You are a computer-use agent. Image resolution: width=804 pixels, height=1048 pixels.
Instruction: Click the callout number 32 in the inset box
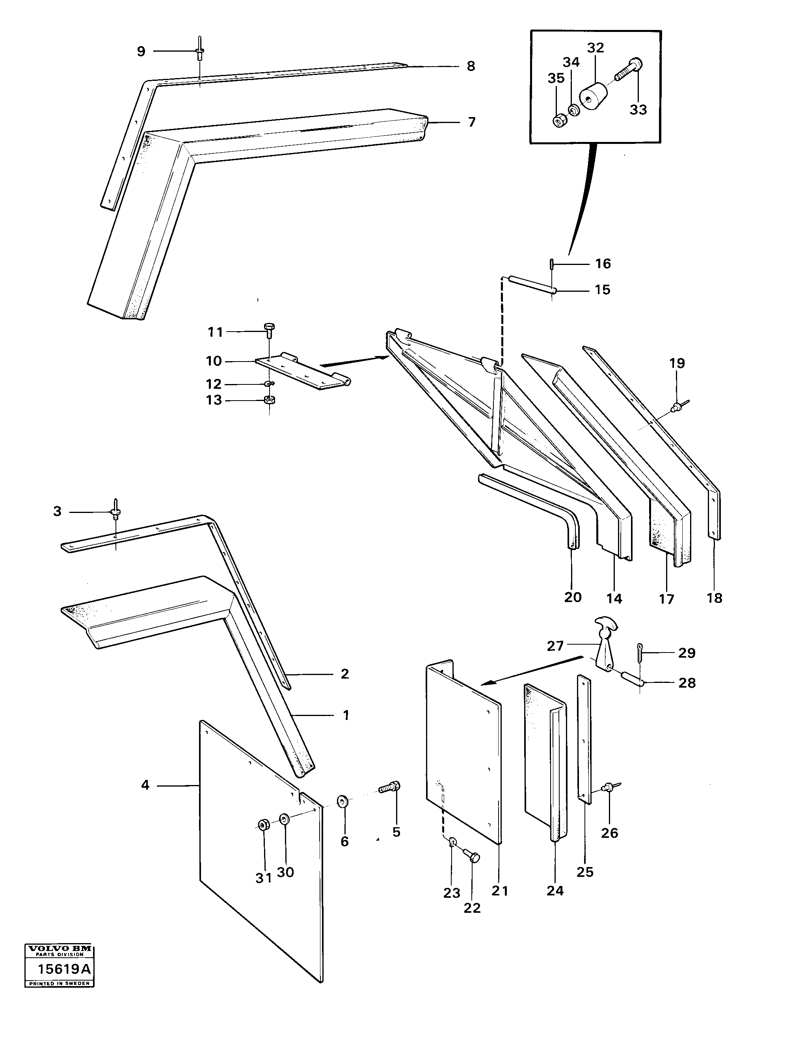[x=596, y=47]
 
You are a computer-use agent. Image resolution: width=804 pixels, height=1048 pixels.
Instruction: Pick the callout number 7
[x=471, y=122]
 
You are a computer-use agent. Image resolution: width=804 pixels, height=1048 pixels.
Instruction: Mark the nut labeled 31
[x=263, y=824]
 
